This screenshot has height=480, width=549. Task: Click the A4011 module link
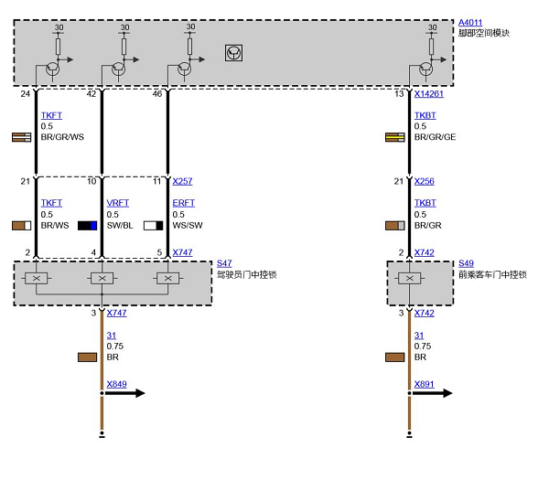[470, 23]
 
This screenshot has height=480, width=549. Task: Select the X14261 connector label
[428, 94]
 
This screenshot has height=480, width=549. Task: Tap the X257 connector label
[182, 181]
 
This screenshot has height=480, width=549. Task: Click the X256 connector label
[424, 181]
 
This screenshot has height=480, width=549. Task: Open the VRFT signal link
[118, 203]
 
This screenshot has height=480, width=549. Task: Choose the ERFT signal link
[184, 203]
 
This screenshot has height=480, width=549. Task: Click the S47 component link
[224, 263]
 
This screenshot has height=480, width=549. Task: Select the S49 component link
[466, 263]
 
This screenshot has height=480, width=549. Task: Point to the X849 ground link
[116, 384]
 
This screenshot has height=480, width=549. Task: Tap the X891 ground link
[424, 384]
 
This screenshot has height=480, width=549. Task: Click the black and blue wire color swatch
[87, 226]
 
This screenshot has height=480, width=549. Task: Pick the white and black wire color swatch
[154, 226]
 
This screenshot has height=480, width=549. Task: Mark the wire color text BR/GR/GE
[435, 137]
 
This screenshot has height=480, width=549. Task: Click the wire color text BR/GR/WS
[62, 137]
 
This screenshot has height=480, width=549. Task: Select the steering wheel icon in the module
[233, 53]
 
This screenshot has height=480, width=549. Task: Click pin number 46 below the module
[157, 94]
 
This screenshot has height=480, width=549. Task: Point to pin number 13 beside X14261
[399, 94]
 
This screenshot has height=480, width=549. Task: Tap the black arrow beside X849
[125, 393]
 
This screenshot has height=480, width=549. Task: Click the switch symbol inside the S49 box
[409, 279]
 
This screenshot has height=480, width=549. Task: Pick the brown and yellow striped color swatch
[395, 137]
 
